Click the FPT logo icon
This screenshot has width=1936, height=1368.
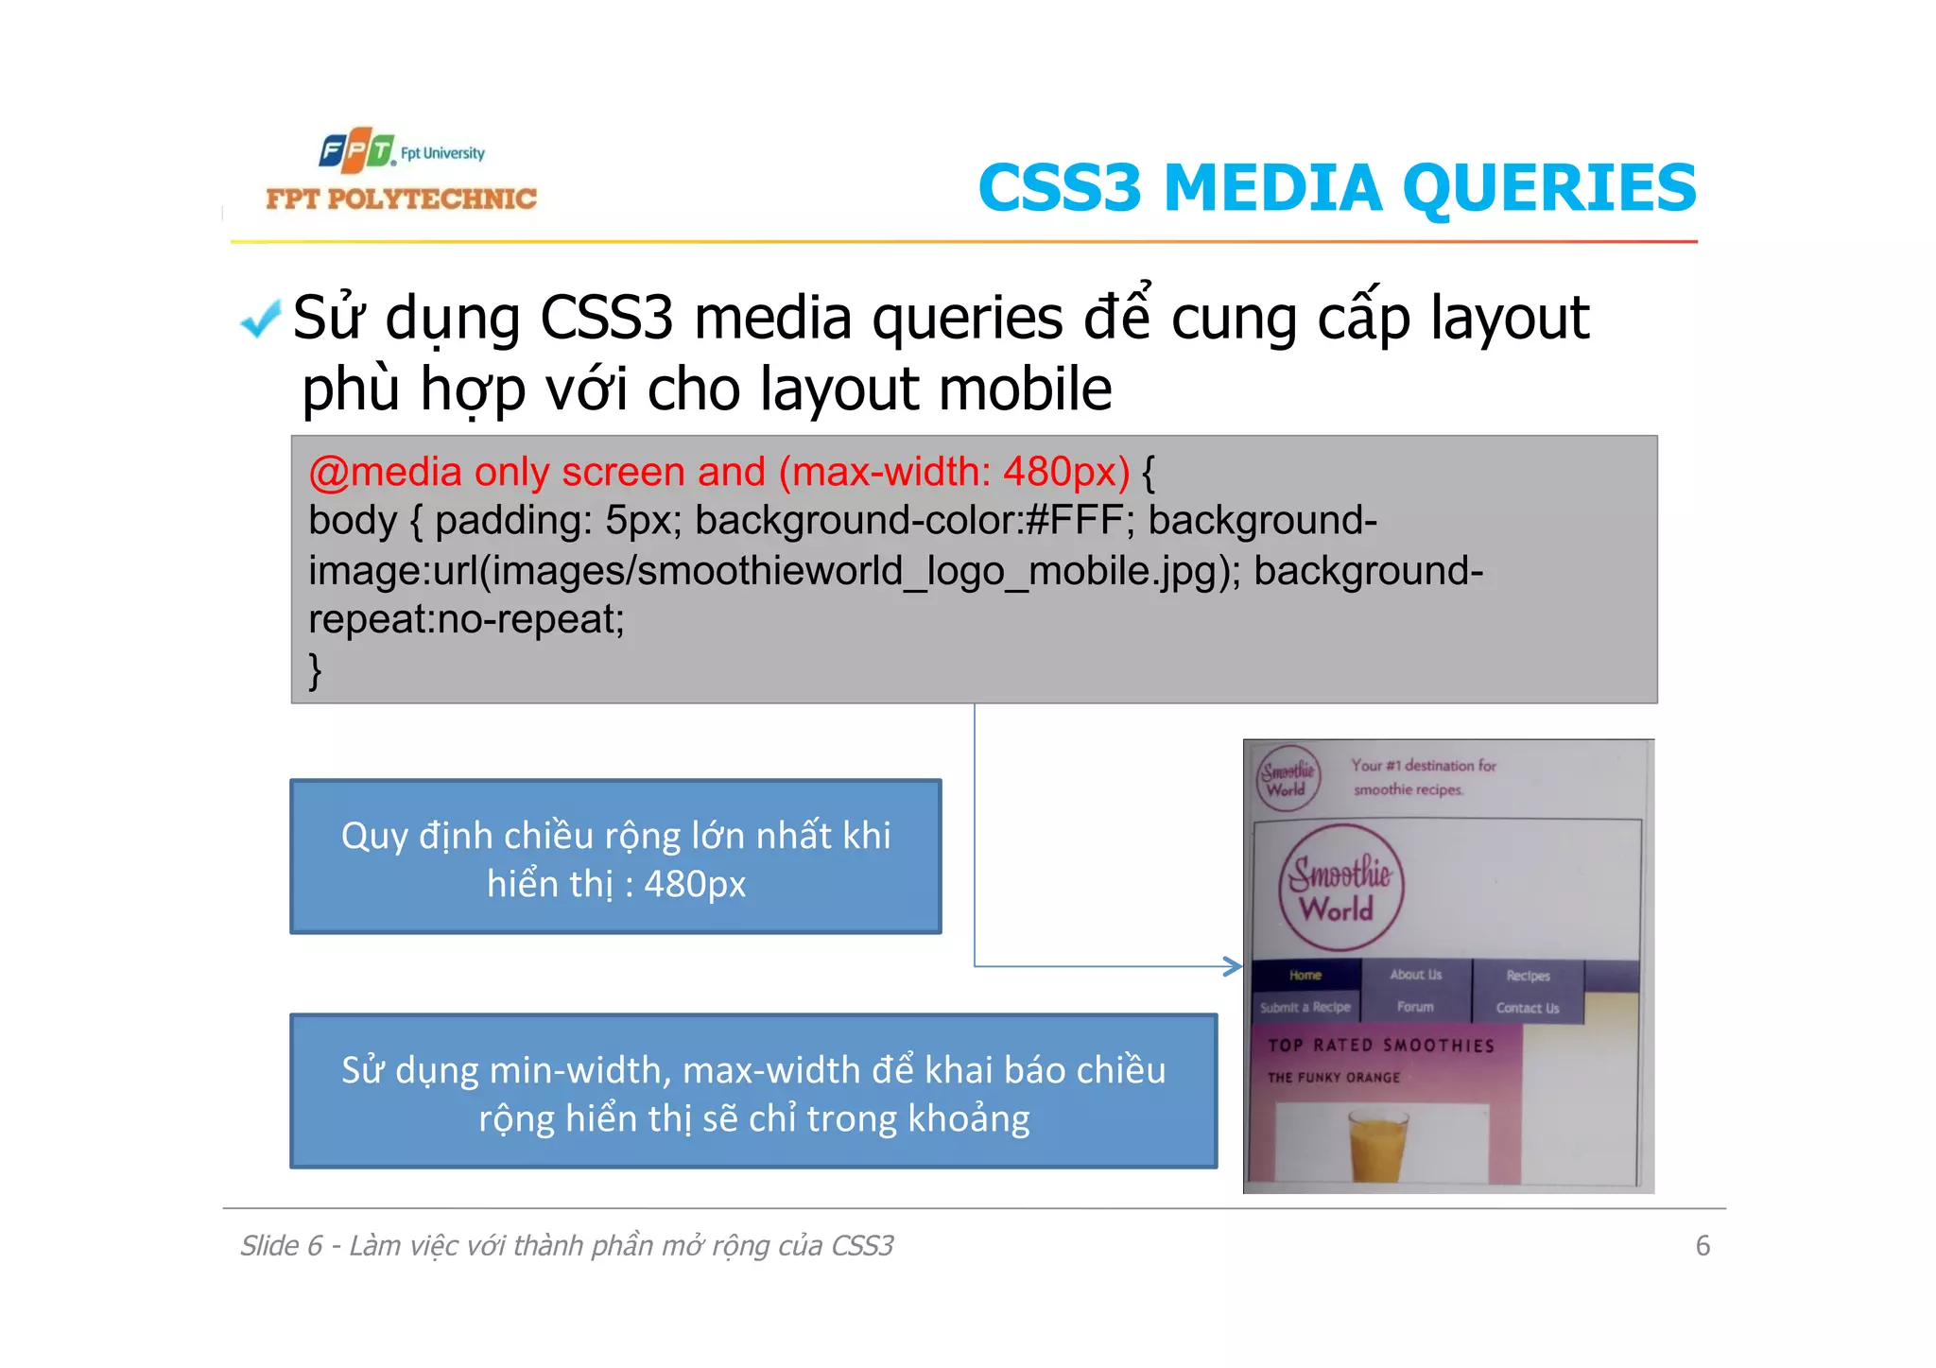(355, 150)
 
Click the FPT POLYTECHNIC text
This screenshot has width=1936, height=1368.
(401, 199)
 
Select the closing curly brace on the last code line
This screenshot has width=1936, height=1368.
(316, 670)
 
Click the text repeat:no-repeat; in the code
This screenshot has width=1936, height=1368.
(466, 620)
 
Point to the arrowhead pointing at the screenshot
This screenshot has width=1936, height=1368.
(1233, 966)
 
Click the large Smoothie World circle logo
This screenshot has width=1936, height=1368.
(1340, 888)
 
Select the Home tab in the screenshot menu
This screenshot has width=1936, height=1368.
(1305, 976)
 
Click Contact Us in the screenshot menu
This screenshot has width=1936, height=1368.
(1527, 1009)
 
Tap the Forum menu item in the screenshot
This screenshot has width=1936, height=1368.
(1415, 1008)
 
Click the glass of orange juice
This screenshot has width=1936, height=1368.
(1376, 1145)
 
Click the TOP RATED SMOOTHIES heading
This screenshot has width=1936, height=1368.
(1381, 1046)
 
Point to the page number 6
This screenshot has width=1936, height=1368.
(1703, 1246)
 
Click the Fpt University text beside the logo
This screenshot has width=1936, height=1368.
(442, 153)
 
